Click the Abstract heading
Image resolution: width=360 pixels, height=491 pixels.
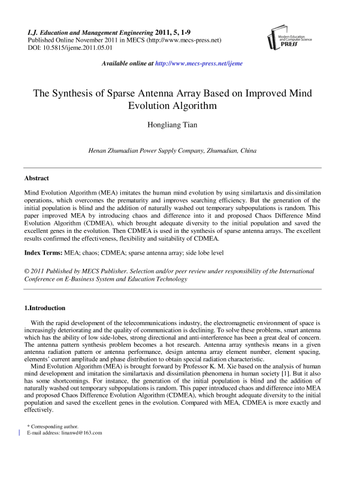pyautogui.click(x=36, y=178)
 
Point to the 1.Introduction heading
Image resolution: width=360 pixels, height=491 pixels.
pyautogui.click(x=44, y=308)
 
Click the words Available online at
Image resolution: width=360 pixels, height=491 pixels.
pyautogui.click(x=127, y=63)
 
